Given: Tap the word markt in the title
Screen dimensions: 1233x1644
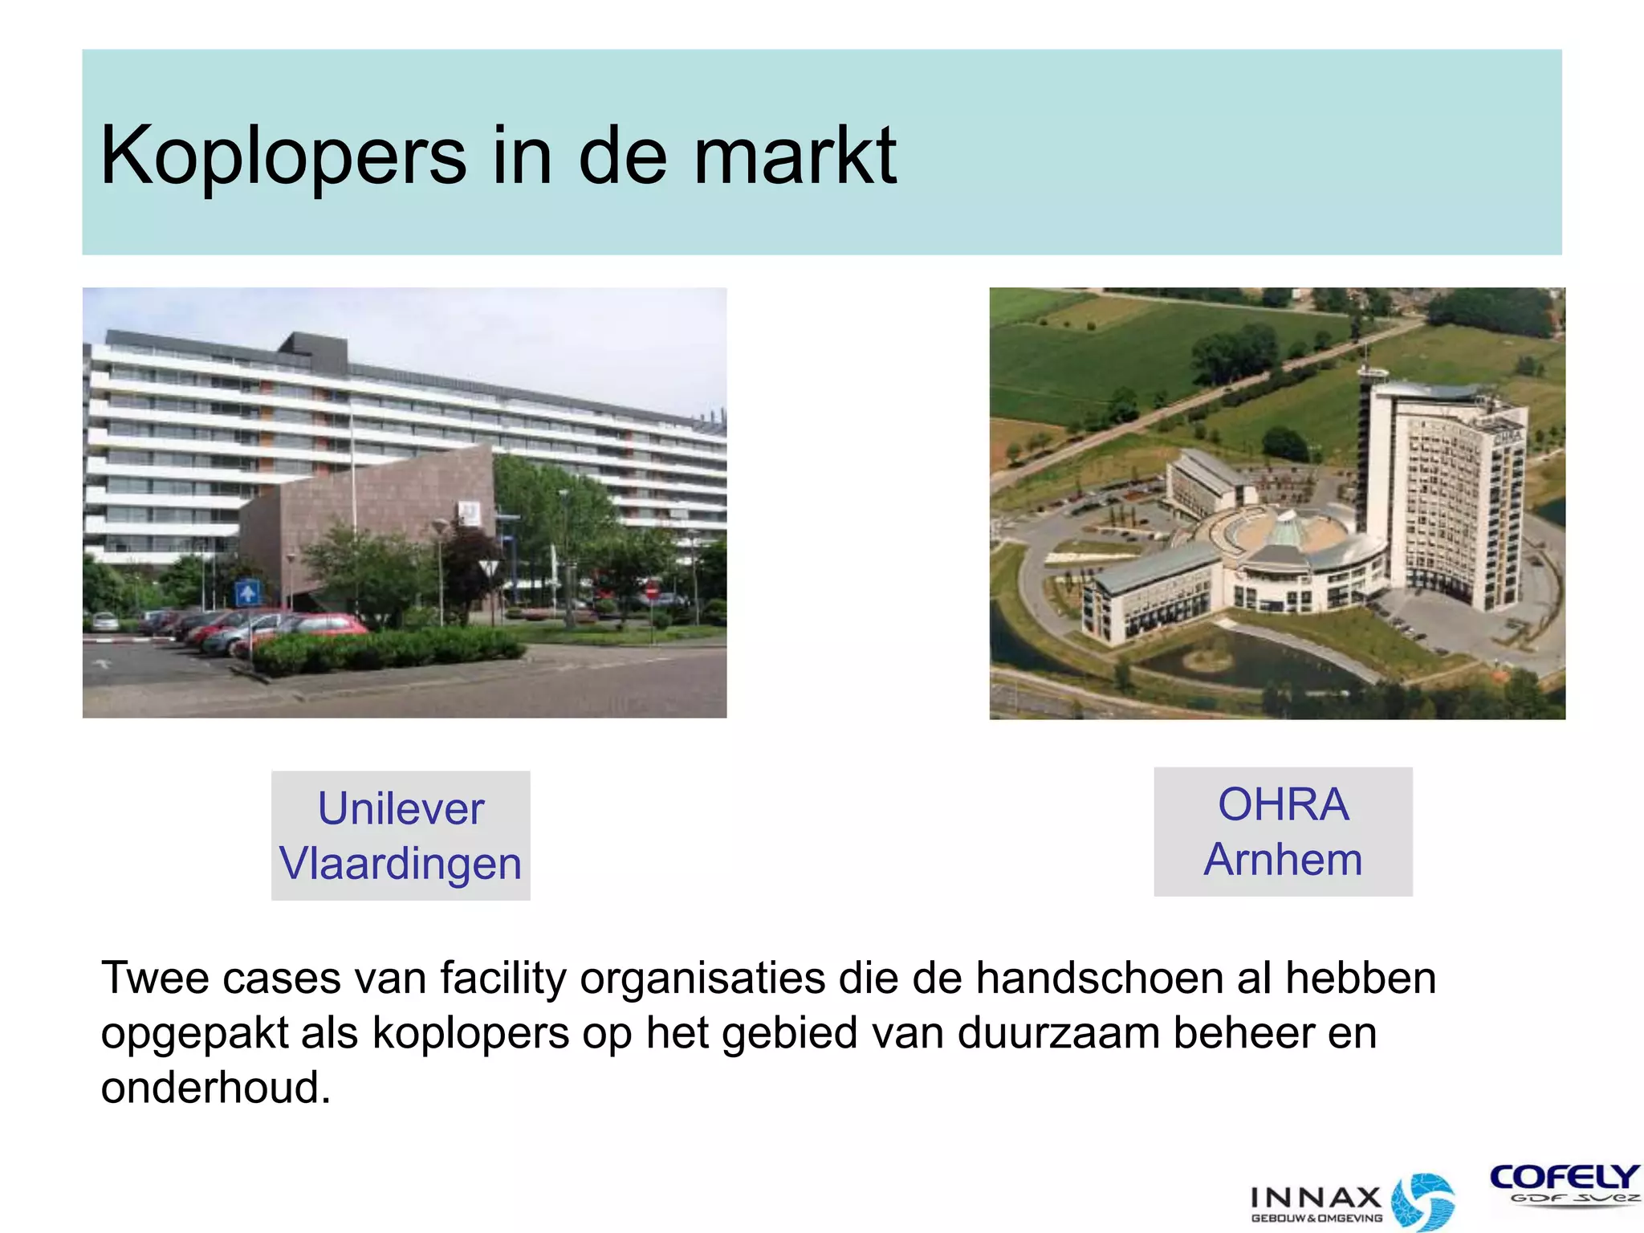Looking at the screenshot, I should (795, 156).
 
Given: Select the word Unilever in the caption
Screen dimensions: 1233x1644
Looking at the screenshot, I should (401, 808).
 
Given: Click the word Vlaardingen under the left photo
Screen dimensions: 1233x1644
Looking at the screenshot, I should (401, 865).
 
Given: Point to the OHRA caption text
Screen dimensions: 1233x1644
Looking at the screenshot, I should (1283, 804).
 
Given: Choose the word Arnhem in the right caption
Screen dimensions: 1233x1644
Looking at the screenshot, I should (1283, 860).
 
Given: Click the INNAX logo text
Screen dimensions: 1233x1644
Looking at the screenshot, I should (1316, 1198).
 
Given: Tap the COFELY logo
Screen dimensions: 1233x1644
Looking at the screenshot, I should (1564, 1178).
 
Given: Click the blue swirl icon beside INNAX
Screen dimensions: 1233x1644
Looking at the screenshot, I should (1422, 1200).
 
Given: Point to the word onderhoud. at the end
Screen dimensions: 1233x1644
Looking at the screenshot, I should (215, 1088).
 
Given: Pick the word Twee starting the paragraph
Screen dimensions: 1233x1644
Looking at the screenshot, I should (152, 979).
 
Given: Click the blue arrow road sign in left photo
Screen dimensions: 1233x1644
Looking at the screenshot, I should (247, 593).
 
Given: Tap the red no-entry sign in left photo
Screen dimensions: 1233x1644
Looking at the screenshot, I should (651, 592).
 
